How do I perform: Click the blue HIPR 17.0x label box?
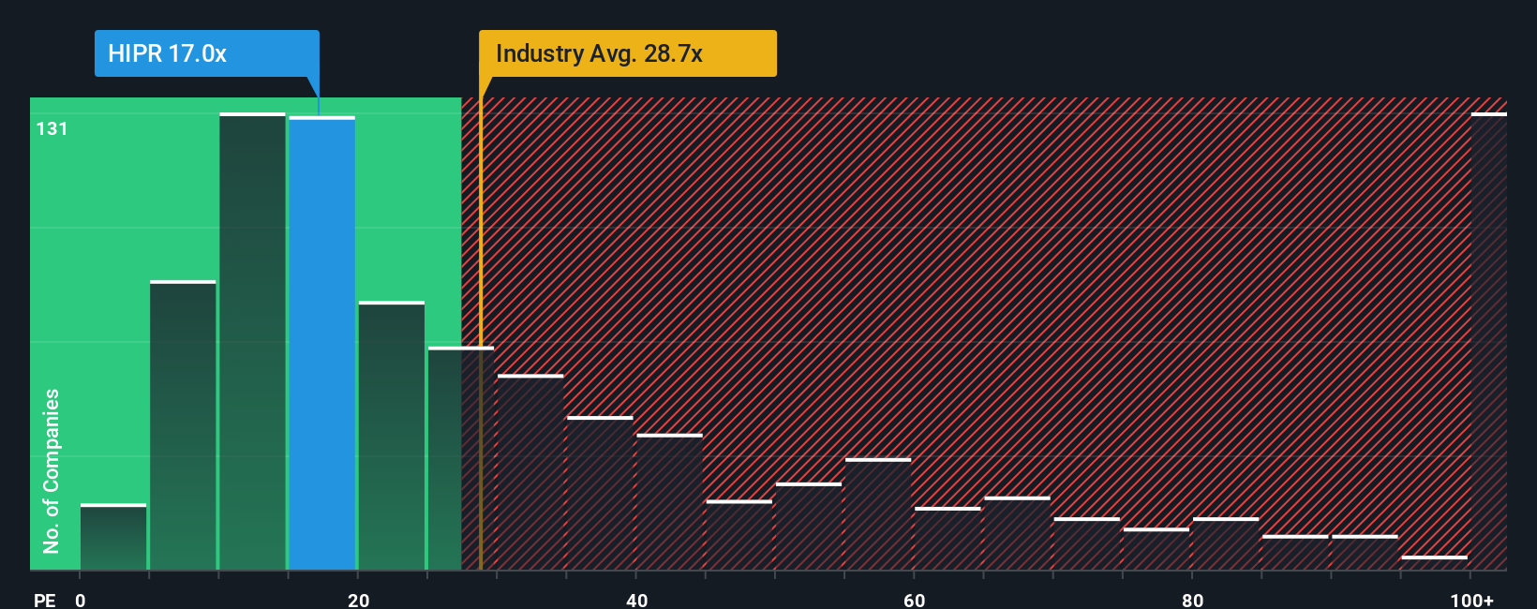[206, 53]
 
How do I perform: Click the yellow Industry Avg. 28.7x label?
[627, 53]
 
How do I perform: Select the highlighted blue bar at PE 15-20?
[321, 343]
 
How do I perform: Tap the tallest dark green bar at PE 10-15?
[252, 341]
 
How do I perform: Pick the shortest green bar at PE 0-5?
[113, 537]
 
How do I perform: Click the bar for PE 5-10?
[183, 425]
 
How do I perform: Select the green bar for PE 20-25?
[392, 436]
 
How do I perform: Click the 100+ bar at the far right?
[1488, 341]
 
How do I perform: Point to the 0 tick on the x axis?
[81, 600]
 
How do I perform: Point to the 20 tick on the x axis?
[358, 600]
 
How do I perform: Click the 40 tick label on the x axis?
[636, 600]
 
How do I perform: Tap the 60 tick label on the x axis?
[914, 600]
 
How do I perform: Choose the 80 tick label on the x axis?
[1192, 600]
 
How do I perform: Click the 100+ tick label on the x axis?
[1471, 600]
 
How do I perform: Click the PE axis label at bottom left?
[44, 600]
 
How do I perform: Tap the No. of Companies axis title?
[52, 470]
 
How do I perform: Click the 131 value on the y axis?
[52, 128]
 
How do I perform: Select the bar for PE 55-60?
[878, 514]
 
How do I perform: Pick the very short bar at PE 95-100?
[1434, 563]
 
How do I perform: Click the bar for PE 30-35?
[530, 472]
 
